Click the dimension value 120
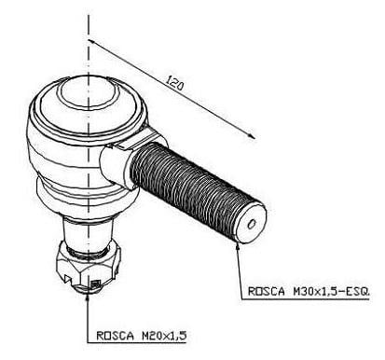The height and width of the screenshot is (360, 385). pos(174,84)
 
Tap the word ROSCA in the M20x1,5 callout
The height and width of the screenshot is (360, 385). pos(115,336)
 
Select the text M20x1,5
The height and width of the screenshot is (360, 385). pos(164,336)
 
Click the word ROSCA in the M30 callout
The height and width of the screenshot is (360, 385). pos(267,291)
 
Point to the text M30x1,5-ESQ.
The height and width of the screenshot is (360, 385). pos(331,291)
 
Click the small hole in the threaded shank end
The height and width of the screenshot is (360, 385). pos(252,224)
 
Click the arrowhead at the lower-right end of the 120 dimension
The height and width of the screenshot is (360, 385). pos(251,135)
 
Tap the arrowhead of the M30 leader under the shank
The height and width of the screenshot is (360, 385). pos(238,245)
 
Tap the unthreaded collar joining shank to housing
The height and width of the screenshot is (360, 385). pos(115,166)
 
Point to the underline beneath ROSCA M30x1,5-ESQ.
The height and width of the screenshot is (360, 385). pos(306,299)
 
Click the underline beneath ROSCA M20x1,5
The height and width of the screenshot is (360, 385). pos(137,343)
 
